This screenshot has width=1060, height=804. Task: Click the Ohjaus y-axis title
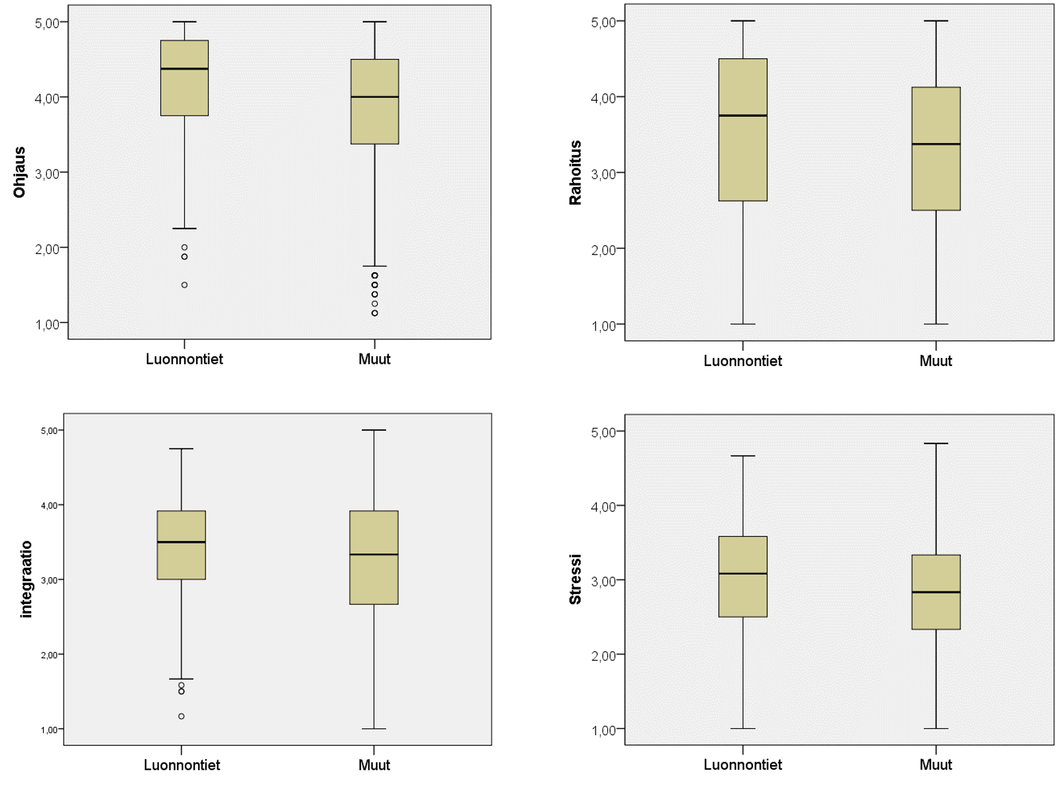pyautogui.click(x=19, y=172)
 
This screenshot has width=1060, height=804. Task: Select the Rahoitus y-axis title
pyautogui.click(x=575, y=172)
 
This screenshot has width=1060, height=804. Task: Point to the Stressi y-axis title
pyautogui.click(x=575, y=579)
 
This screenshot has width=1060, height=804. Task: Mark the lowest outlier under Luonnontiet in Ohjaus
pyautogui.click(x=185, y=285)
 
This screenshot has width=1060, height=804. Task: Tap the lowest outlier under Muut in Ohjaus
pyautogui.click(x=375, y=313)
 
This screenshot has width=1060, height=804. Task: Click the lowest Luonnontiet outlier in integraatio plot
pyautogui.click(x=181, y=716)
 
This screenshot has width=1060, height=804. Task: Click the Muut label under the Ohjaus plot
pyautogui.click(x=374, y=359)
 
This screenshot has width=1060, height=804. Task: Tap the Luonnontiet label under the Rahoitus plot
pyautogui.click(x=743, y=361)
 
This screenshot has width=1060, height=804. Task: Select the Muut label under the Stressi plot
pyautogui.click(x=935, y=764)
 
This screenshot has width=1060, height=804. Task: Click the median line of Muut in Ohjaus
pyautogui.click(x=375, y=97)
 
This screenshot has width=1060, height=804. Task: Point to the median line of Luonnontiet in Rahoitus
pyautogui.click(x=743, y=116)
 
